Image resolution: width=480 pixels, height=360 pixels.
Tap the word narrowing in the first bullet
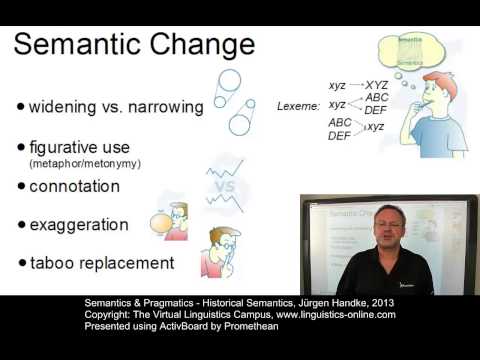coord(164,107)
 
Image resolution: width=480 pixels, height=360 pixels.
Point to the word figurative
coord(64,146)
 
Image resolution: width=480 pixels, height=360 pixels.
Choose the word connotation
coord(74,187)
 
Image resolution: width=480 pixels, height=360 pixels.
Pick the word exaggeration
coord(79,225)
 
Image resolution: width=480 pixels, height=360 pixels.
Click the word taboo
coord(51,264)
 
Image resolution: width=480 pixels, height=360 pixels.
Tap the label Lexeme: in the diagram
coord(299,104)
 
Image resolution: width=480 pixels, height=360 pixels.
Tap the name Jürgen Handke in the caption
coord(300,302)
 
